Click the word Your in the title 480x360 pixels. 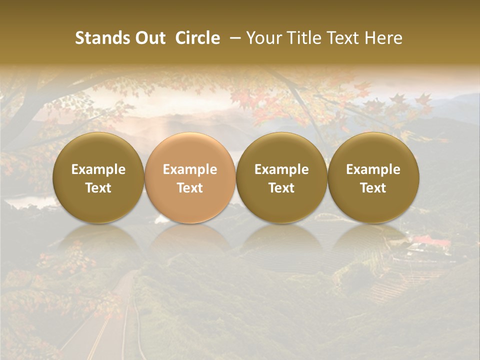click(263, 38)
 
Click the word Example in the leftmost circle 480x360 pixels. click(98, 169)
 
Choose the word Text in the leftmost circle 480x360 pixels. click(98, 188)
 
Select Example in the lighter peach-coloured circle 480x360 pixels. click(190, 169)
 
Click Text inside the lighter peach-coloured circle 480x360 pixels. click(190, 188)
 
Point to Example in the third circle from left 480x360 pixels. click(281, 169)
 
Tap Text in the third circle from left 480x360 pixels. click(281, 188)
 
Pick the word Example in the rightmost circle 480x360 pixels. click(373, 169)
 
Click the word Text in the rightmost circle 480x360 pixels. click(373, 188)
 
